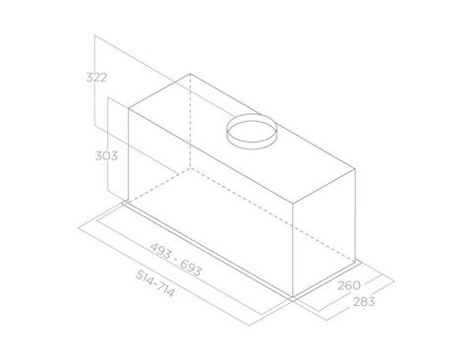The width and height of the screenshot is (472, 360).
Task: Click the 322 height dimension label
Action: [x=96, y=78]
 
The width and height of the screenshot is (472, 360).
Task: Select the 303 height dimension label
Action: [x=106, y=155]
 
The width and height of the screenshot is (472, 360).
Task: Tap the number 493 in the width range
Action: [x=161, y=251]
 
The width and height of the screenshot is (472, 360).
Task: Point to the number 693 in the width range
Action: [x=191, y=268]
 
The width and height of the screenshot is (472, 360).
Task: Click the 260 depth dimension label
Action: [x=349, y=285]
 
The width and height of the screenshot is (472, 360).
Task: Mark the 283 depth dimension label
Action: [x=364, y=301]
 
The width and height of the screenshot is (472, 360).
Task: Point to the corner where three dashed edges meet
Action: [x=191, y=168]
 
